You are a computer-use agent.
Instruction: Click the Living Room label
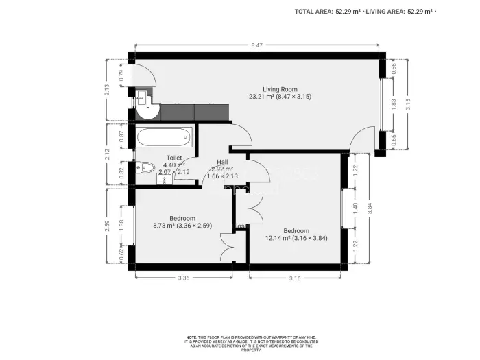[280, 88]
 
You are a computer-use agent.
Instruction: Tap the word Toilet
[174, 157]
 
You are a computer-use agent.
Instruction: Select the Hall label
[222, 162]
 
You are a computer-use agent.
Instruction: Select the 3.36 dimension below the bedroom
[182, 278]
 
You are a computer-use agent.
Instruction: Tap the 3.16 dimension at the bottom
[295, 278]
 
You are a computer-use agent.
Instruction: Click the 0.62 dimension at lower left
[121, 254]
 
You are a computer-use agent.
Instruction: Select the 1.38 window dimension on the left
[121, 224]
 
